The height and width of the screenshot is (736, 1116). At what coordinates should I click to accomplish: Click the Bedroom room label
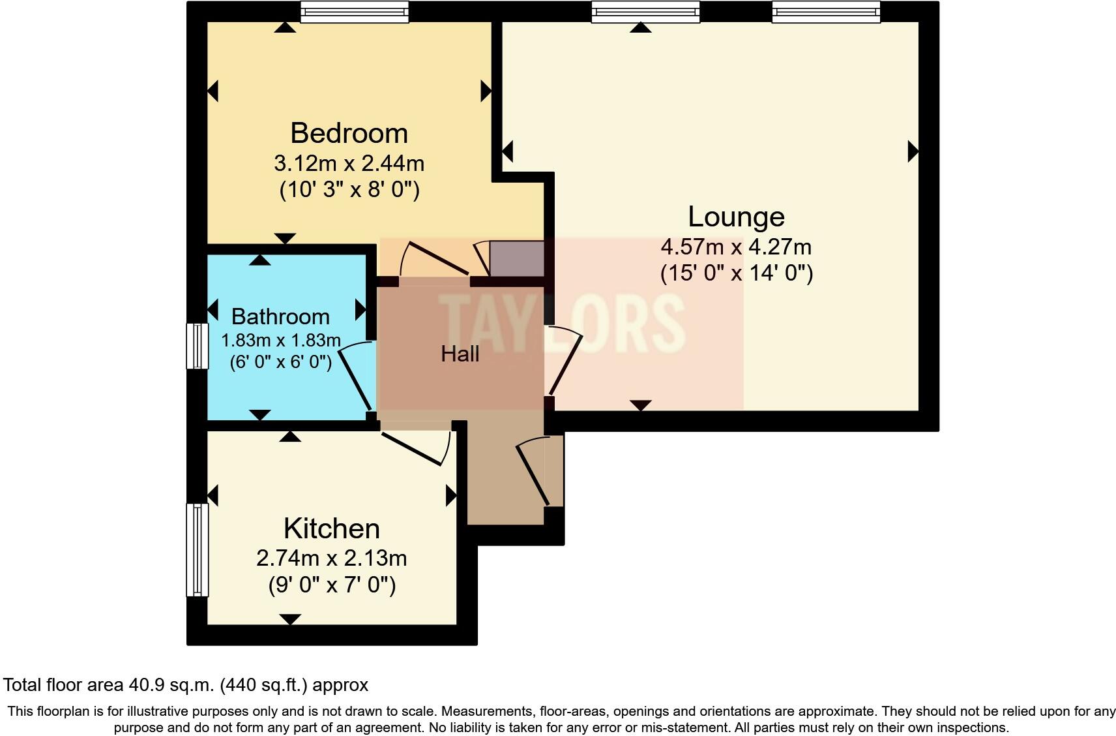[349, 133]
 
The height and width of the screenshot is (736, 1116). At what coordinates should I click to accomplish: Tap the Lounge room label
[736, 217]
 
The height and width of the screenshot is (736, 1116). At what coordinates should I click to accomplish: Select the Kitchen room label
[331, 529]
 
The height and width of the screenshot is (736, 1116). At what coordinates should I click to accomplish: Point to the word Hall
[460, 354]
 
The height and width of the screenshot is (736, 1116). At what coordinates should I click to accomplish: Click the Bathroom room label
[280, 316]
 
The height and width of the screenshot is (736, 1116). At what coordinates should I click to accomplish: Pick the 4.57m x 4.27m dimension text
[736, 247]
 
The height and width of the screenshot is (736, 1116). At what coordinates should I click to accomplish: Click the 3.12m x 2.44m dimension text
[349, 162]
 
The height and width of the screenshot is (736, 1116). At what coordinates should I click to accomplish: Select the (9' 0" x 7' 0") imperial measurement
[331, 585]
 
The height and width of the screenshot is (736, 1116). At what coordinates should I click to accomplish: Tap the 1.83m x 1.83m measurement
[280, 341]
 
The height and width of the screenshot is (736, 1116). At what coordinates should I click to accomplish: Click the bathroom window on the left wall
[197, 346]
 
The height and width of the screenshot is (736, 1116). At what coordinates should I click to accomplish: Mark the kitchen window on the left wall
[197, 549]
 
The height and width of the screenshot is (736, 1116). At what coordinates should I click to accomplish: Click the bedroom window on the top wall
[355, 12]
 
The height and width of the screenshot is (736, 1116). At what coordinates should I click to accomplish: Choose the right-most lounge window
[825, 12]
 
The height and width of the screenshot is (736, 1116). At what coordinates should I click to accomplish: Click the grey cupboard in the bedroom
[516, 259]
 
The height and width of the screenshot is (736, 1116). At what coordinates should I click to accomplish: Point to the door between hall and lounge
[565, 362]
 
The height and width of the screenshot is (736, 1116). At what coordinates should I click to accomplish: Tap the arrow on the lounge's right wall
[913, 152]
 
